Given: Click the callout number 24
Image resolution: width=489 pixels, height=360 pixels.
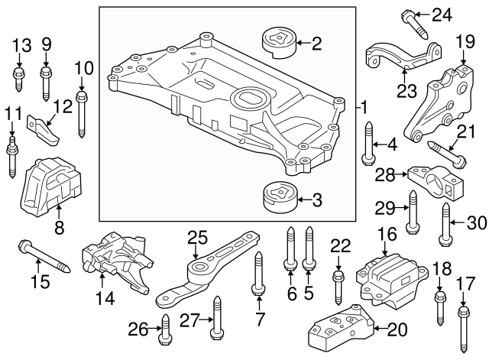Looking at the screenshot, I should [442, 13].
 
